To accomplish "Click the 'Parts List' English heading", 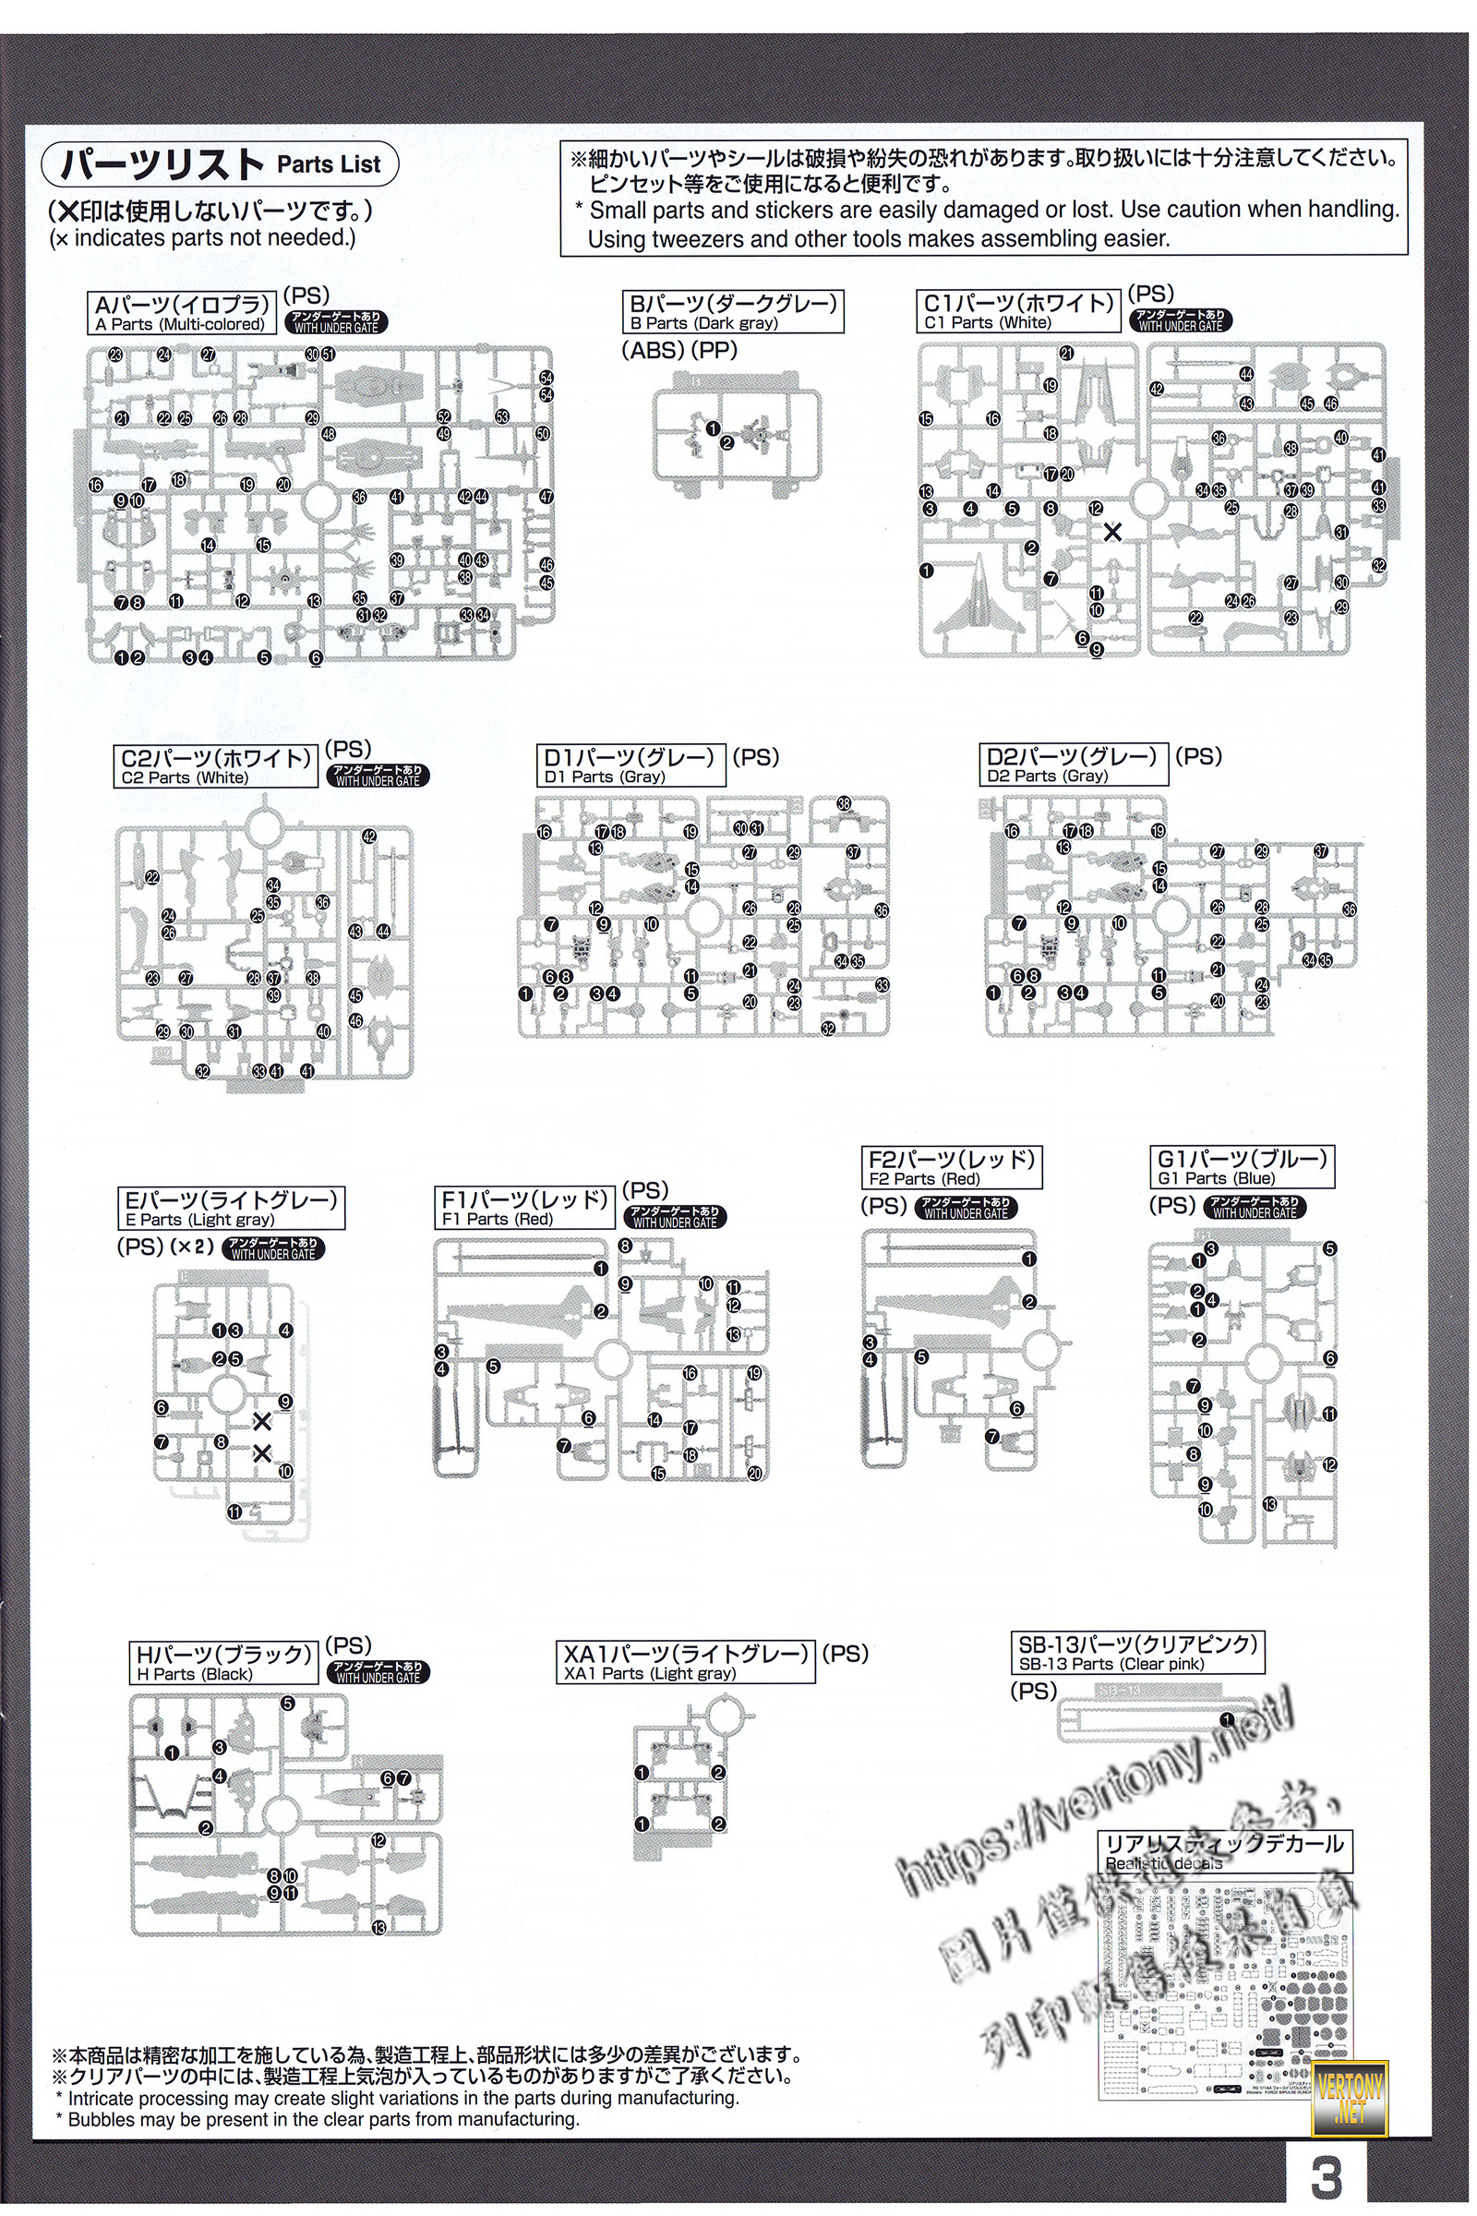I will pyautogui.click(x=329, y=165).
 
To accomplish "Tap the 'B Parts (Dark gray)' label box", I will pyautogui.click(x=733, y=312).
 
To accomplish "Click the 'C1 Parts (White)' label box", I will pyautogui.click(x=1019, y=312).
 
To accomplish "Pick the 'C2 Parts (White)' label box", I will pyautogui.click(x=217, y=767).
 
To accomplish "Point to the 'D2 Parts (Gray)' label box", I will pyautogui.click(x=1073, y=765).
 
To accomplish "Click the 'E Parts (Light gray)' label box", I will pyautogui.click(x=231, y=1209).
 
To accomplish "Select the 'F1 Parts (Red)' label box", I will pyautogui.click(x=525, y=1208).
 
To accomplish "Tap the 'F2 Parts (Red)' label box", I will pyautogui.click(x=952, y=1167).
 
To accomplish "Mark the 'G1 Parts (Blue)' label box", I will pyautogui.click(x=1243, y=1167).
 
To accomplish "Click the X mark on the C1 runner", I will pyautogui.click(x=1112, y=533).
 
